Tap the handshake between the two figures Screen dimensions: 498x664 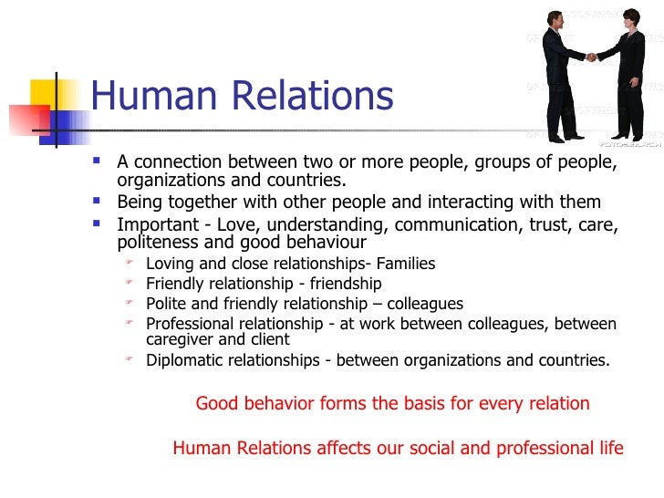[592, 57]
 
